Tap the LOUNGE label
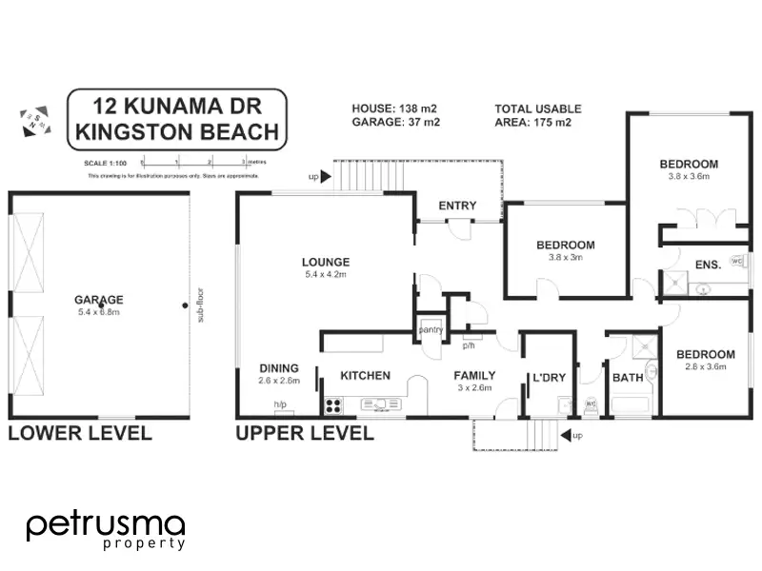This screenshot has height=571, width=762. coord(326,262)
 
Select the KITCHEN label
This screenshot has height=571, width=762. coord(365,375)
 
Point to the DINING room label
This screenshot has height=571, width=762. coord(279,368)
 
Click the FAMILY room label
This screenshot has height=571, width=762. coord(474,375)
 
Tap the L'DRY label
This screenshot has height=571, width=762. coord(549,377)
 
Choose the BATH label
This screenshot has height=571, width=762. coord(629,377)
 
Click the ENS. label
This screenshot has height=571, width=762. coord(707,266)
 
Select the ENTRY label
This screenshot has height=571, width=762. coord(457,206)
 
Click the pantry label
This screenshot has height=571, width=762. coord(431,330)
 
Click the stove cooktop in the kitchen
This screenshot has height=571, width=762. coord(333,405)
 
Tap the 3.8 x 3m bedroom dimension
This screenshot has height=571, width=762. coord(565,257)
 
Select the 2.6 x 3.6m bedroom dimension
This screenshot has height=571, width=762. coord(706,366)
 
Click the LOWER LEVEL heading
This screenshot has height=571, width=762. coord(80,434)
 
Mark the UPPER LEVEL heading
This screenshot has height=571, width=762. coord(305,434)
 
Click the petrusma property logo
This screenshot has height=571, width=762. coord(105,529)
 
